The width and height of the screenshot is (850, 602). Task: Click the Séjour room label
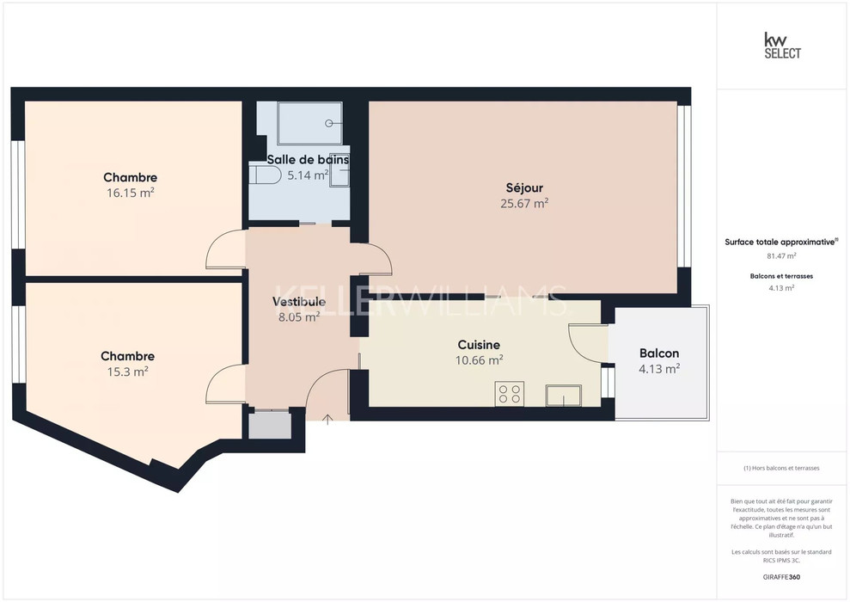coord(524,188)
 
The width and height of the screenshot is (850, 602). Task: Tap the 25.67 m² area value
coord(524,203)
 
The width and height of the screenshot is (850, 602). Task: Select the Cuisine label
coord(479,345)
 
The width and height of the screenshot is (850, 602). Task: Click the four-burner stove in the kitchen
coord(510,394)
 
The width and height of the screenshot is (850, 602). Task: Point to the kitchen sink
coord(564,396)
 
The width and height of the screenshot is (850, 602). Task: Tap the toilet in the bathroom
coord(265,175)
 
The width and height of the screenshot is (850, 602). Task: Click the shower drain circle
coord(329,123)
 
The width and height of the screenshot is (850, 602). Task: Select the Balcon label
coord(659,353)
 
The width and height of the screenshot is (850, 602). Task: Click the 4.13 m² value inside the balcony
coord(659,369)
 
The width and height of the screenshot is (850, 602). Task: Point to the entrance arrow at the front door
coord(327,419)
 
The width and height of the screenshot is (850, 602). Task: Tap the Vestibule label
coord(299,302)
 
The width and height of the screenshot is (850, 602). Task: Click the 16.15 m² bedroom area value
coord(130,193)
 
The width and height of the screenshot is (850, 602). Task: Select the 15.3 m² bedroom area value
coord(127,372)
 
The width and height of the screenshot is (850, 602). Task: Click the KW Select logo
coord(782,46)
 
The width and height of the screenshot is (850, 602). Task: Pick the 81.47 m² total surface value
coord(781,256)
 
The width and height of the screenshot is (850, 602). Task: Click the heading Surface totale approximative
coord(781,242)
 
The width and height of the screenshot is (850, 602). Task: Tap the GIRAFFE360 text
coord(781,577)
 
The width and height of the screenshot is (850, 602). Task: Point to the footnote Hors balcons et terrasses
coord(781,468)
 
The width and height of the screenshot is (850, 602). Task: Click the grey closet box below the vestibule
coord(270,425)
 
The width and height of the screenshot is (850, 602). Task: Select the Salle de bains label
coord(308,159)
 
